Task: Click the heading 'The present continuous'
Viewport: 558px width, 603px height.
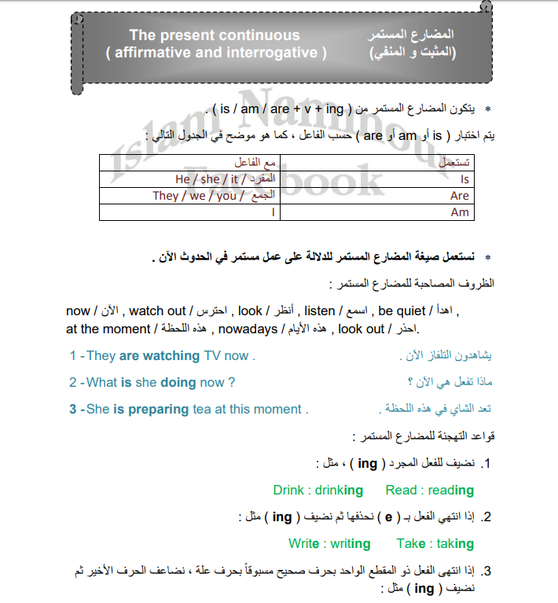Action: point(214,35)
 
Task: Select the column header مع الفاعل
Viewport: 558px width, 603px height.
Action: point(251,163)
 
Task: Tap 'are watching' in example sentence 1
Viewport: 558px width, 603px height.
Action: point(160,355)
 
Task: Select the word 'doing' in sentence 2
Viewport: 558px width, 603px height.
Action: point(178,382)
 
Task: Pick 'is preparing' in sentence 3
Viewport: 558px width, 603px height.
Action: point(151,409)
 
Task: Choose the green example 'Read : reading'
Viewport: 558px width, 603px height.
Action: point(430,490)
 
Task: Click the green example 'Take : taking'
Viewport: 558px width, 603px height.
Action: point(435,543)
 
